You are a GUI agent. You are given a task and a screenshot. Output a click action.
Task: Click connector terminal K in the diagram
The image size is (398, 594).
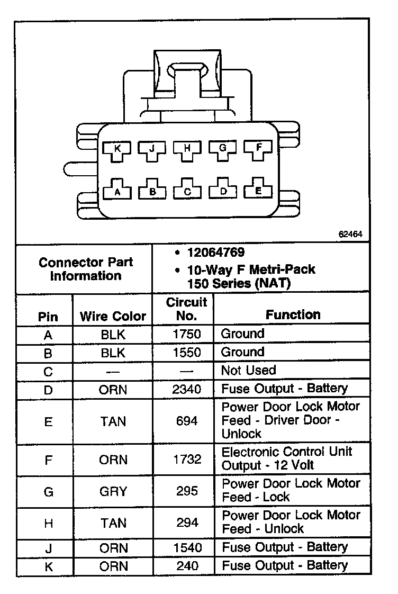pos(117,150)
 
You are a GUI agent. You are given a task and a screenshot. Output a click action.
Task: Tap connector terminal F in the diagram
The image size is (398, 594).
pos(258,149)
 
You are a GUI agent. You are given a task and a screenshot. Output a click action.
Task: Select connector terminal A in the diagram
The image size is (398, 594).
pos(117,192)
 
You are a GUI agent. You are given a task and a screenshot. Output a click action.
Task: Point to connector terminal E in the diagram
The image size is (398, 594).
pos(258,191)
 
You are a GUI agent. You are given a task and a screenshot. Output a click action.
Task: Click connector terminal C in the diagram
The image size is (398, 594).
pos(187,192)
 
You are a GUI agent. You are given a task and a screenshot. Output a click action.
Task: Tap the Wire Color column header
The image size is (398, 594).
pos(113,317)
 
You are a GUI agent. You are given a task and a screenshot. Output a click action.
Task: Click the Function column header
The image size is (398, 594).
pos(293,314)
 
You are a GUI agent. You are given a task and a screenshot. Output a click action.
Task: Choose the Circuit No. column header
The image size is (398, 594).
pos(187,309)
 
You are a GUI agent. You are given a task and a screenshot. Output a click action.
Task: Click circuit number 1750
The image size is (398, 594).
pos(187,334)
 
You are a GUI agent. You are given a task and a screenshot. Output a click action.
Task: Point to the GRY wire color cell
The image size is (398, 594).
pos(113,491)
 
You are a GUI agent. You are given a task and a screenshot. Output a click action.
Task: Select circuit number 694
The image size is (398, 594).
pos(187,421)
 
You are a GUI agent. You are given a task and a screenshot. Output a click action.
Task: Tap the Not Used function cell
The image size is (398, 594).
pos(248,370)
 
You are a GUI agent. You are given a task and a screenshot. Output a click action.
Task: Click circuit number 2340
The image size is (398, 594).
pos(187,389)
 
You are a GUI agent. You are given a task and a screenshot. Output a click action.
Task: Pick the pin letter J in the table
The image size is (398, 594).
pos(48,547)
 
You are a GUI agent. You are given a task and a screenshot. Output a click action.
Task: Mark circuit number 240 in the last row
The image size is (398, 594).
pos(187,565)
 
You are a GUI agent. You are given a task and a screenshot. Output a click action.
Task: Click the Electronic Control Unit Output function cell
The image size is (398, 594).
pos(286,458)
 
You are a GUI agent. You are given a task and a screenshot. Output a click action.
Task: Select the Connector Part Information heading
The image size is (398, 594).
pos(86,269)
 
